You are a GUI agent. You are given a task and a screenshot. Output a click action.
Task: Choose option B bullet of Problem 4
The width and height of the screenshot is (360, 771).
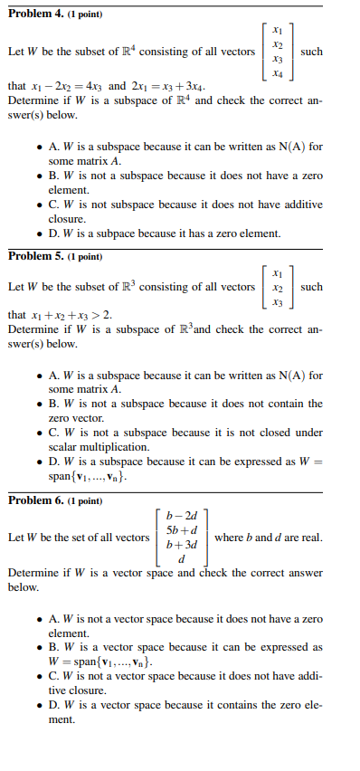coord(37,176)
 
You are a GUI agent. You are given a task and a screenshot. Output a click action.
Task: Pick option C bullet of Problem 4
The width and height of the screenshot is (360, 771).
coord(37,205)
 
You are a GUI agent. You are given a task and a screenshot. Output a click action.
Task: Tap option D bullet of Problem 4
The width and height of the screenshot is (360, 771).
coord(37,233)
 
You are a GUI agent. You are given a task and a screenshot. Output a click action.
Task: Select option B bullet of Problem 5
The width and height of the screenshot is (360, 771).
coord(37,404)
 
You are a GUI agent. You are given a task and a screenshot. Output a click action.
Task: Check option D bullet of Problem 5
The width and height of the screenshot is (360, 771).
coord(37,461)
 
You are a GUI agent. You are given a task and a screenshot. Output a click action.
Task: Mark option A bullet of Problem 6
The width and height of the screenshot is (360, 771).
coord(37,619)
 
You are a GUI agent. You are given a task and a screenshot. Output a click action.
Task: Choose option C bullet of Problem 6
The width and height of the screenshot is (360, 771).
coord(37,676)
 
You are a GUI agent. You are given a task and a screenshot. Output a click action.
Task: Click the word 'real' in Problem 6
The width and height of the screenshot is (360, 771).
coord(309,538)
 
